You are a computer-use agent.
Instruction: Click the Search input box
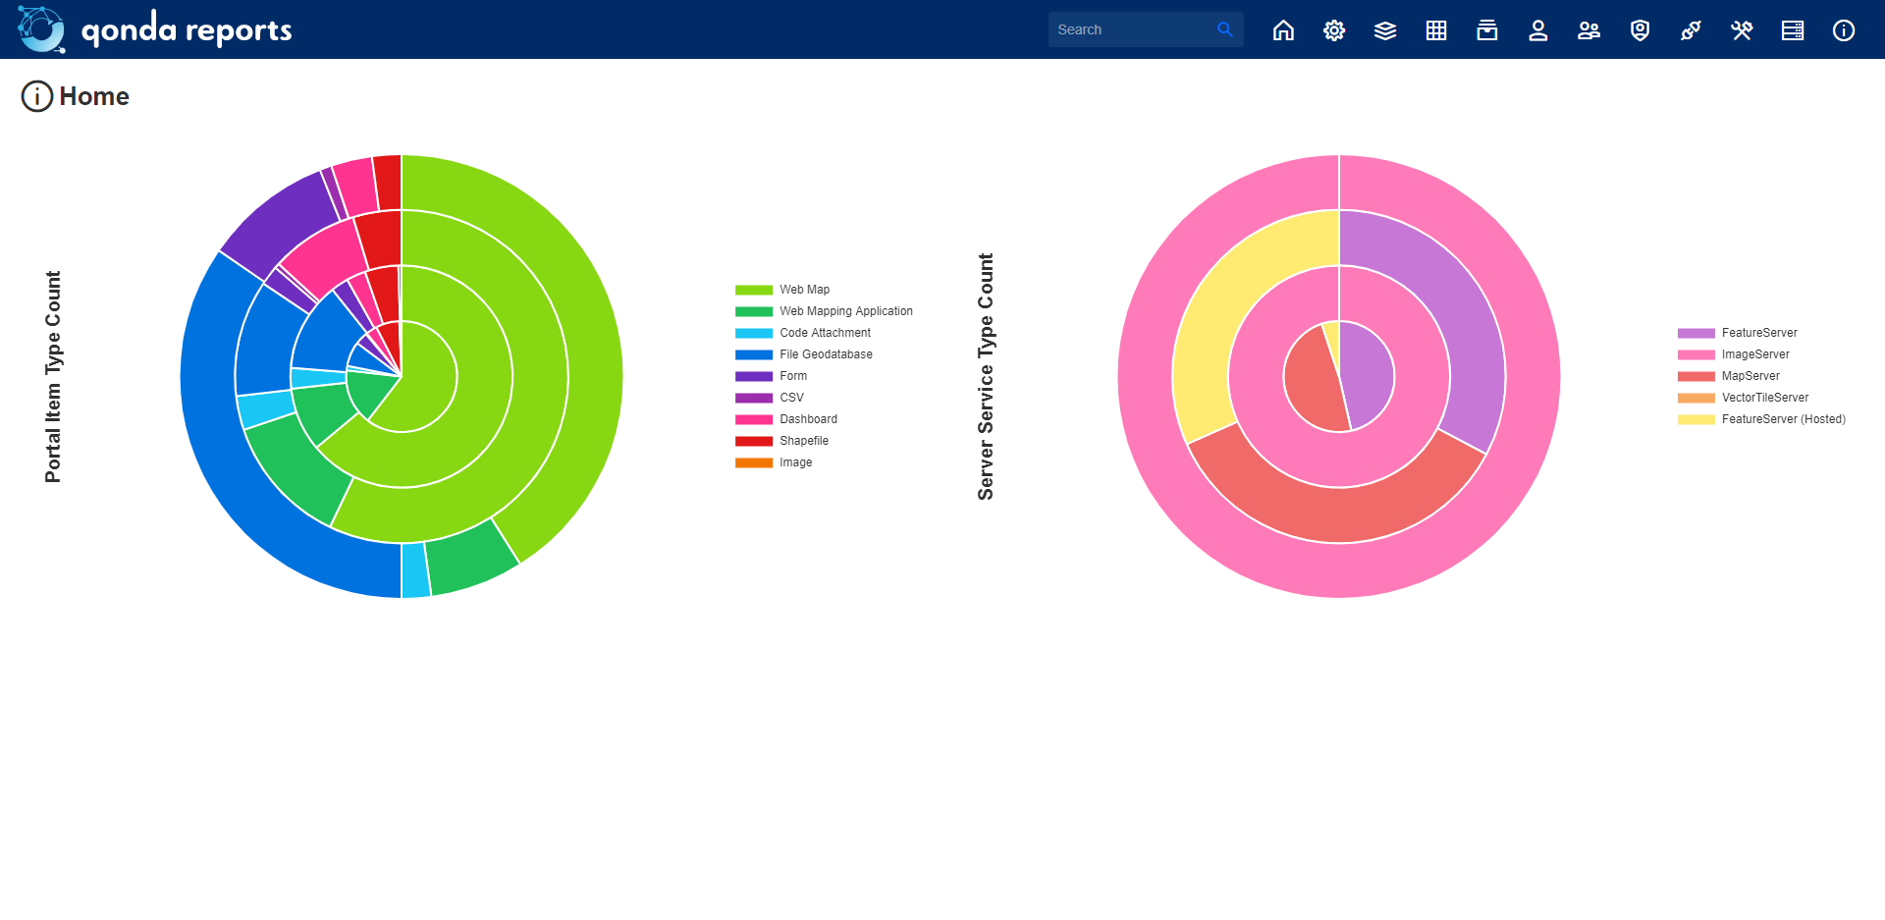[x=1129, y=29]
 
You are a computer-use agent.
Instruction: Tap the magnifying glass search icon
[x=1224, y=29]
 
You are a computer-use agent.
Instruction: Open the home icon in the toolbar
[x=1283, y=30]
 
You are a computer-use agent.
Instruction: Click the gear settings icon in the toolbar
[x=1334, y=30]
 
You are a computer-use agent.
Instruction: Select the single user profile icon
[x=1538, y=30]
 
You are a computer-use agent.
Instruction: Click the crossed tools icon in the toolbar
[x=1742, y=30]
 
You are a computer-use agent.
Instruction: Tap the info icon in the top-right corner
[x=1844, y=30]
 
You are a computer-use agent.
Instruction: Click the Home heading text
[x=94, y=96]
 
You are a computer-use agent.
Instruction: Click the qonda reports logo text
[x=187, y=30]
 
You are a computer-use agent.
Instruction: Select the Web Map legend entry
[x=804, y=290]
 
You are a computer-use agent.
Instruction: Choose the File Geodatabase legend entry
[x=826, y=354]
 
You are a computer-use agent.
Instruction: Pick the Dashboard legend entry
[x=808, y=419]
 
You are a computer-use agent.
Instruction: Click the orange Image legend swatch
[x=754, y=462]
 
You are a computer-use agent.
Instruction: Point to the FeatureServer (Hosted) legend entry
[x=1783, y=419]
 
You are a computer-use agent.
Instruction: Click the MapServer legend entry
[x=1750, y=376]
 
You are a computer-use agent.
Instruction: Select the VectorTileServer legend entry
[x=1764, y=398]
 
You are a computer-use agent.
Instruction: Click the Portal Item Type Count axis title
[x=53, y=377]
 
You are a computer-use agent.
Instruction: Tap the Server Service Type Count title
[x=986, y=377]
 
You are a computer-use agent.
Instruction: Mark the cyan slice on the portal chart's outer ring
[x=415, y=570]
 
